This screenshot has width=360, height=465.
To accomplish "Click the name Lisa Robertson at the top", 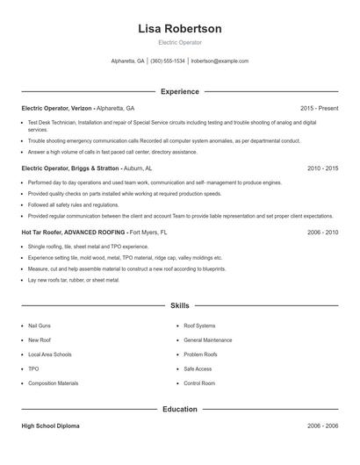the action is tap(180, 29).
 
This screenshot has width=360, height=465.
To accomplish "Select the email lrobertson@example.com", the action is tap(220, 61).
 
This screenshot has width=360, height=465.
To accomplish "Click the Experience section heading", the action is tap(180, 91).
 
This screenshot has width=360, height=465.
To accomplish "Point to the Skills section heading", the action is tap(180, 306).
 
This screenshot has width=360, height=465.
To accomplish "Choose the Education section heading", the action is tap(180, 409).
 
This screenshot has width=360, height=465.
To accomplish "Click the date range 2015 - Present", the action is tap(319, 108).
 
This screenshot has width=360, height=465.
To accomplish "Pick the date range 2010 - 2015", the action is tap(322, 168).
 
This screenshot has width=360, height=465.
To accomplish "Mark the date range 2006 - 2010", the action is tap(322, 232).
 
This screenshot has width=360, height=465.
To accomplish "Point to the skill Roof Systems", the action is tap(199, 325).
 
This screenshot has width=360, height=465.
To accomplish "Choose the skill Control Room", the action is tap(199, 383).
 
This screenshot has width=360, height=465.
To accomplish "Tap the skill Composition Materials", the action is tap(53, 383).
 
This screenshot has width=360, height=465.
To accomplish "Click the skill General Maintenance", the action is tap(208, 340).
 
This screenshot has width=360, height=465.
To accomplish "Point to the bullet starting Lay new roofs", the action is tap(74, 280).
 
